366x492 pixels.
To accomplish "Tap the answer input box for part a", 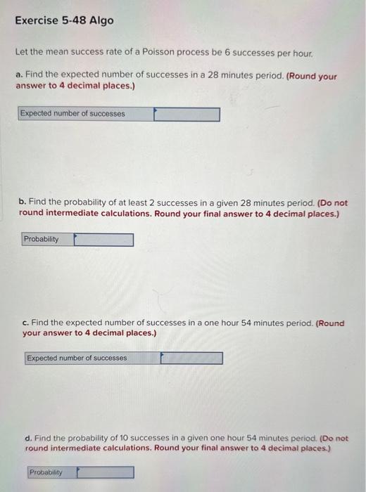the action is click(x=187, y=114).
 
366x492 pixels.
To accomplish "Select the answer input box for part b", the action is click(x=103, y=240).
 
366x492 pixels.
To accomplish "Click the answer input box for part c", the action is click(x=191, y=358).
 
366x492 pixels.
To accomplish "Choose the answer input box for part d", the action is click(x=106, y=472).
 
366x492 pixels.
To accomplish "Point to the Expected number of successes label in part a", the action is click(x=72, y=114).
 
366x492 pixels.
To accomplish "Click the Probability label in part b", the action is click(x=42, y=240).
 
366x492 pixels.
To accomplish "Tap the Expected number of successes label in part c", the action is click(x=77, y=358).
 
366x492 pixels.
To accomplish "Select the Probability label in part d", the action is click(x=46, y=472).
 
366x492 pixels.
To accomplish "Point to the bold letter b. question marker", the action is click(x=23, y=202).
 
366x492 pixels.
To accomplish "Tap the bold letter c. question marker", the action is click(x=25, y=323).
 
